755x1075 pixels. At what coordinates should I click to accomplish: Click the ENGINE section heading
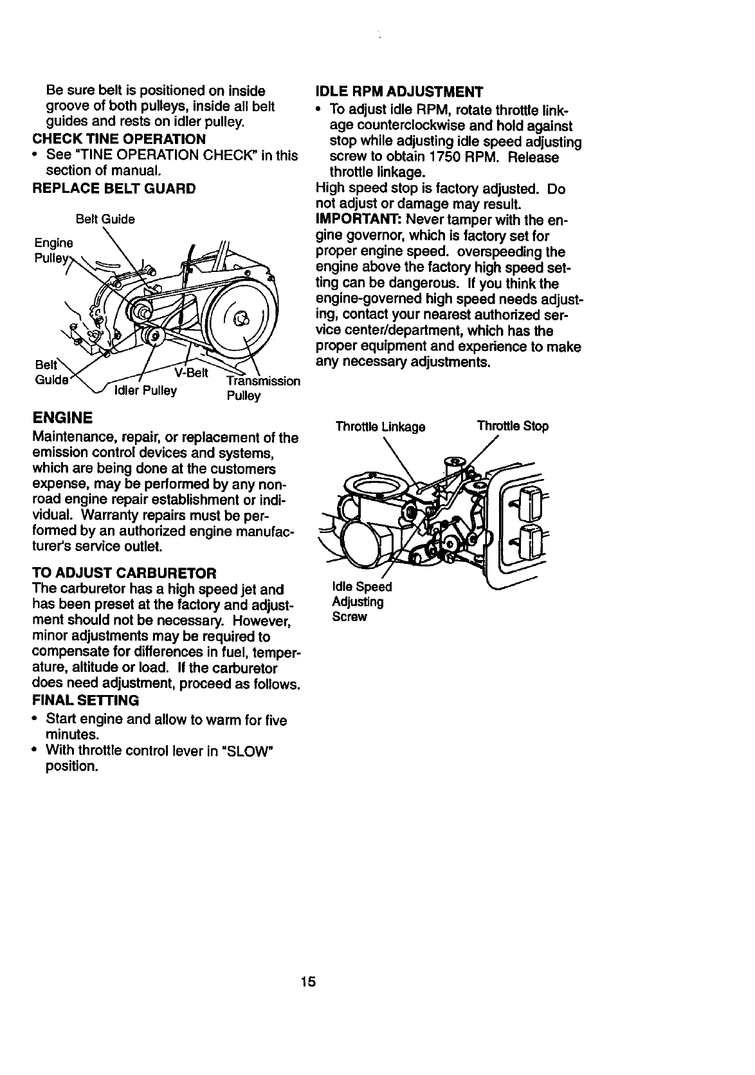[x=62, y=418]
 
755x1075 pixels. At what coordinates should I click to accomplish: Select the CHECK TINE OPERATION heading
[x=119, y=140]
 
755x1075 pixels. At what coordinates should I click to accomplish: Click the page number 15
[x=307, y=982]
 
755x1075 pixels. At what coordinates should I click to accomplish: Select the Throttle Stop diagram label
[x=513, y=426]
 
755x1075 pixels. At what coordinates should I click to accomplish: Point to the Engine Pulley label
[x=53, y=251]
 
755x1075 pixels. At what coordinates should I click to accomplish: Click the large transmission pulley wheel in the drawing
[x=238, y=316]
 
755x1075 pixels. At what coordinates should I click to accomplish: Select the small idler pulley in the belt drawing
[x=152, y=335]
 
